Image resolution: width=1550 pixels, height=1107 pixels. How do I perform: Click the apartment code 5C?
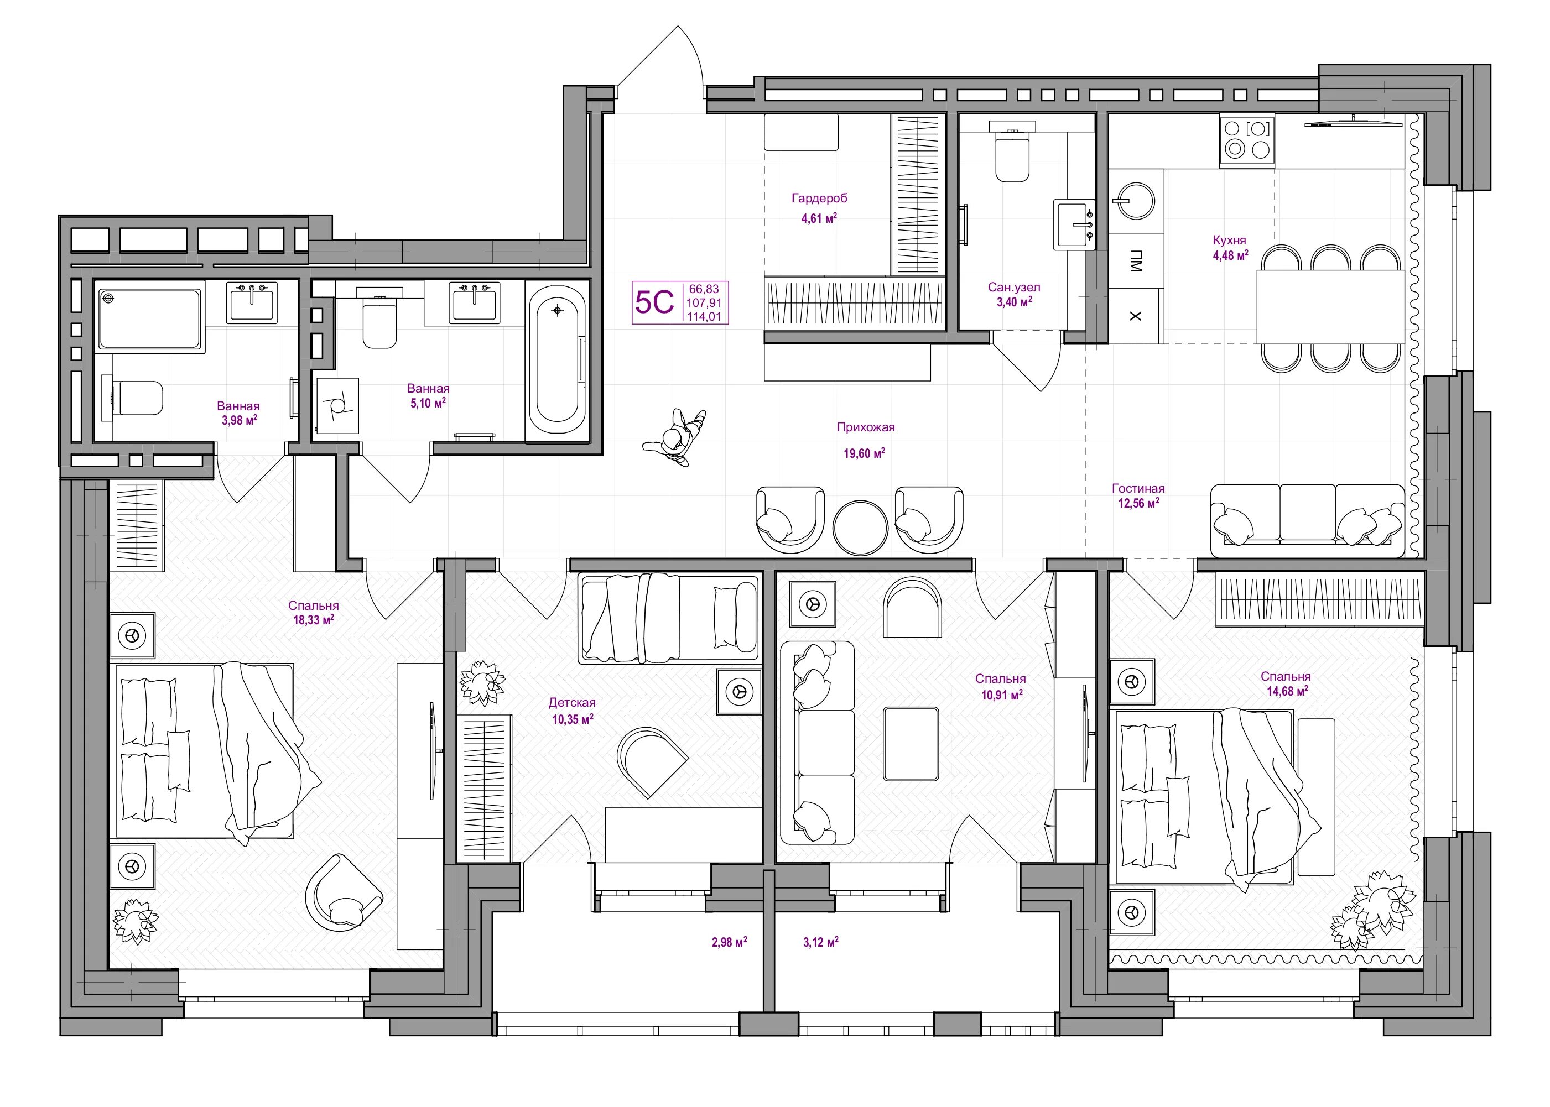654,302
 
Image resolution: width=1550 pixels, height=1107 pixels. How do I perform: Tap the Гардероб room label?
819,199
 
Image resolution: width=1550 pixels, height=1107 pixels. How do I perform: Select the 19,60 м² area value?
864,453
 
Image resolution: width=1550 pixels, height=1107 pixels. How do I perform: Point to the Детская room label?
571,703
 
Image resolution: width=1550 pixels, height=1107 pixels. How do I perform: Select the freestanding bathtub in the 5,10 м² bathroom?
558,359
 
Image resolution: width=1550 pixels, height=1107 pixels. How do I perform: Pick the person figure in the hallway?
674,437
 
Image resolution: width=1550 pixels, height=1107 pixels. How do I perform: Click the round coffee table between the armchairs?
860,528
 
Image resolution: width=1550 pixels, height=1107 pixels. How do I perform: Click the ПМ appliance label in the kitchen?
1135,262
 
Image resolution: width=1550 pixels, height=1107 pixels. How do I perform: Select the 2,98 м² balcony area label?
729,942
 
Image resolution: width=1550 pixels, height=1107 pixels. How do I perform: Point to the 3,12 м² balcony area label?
820,942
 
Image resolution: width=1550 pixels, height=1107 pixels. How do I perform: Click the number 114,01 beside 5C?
704,316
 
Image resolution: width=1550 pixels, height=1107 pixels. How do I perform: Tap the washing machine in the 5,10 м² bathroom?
337,405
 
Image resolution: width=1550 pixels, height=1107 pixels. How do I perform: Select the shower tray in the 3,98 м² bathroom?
150,319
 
